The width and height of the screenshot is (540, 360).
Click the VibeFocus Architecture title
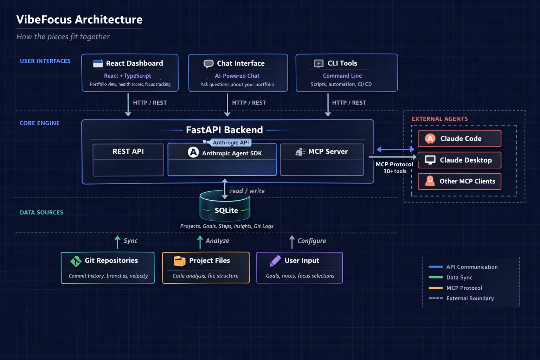(x=79, y=20)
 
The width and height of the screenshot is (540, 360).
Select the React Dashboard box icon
(x=98, y=63)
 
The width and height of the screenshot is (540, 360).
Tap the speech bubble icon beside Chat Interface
(x=208, y=64)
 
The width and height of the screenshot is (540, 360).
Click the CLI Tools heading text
(x=342, y=63)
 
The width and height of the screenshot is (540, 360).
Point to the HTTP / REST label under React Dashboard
(x=150, y=103)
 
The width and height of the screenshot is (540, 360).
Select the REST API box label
(x=128, y=152)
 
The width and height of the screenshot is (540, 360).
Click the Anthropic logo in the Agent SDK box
(x=193, y=152)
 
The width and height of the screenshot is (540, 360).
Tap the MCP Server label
(x=328, y=152)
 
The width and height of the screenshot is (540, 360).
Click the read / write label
(x=247, y=191)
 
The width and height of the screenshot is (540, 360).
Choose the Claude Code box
(x=459, y=139)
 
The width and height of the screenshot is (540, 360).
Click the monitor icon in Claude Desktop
(x=430, y=160)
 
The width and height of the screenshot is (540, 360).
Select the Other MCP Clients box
(x=459, y=181)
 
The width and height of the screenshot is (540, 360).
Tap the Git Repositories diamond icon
(x=76, y=261)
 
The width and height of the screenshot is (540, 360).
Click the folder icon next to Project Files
(x=179, y=261)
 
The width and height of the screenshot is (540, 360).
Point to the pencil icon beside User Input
(x=275, y=261)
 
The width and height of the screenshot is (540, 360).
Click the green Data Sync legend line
(x=436, y=277)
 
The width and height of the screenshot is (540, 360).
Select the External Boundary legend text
(x=470, y=298)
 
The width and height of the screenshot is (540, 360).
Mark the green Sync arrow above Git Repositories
(x=117, y=242)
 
